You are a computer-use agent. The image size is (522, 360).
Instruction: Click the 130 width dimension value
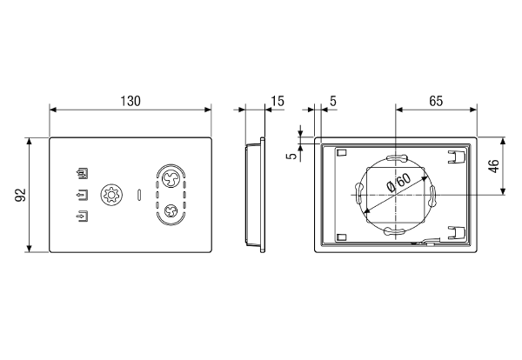(130, 101)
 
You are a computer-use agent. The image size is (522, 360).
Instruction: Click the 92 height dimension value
(20, 195)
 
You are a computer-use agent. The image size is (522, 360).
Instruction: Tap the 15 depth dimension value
(278, 101)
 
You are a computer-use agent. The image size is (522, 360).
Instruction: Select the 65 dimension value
(436, 101)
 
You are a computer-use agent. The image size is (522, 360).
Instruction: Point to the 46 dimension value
(494, 166)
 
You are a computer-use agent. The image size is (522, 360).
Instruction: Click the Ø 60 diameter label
(399, 183)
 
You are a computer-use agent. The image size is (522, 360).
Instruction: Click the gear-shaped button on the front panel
(111, 195)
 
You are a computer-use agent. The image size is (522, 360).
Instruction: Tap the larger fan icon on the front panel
(171, 178)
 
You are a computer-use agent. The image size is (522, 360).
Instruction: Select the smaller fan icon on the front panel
(171, 210)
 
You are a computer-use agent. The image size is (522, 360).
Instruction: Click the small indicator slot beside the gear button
(139, 195)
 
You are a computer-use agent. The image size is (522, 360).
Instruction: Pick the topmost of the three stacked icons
(83, 173)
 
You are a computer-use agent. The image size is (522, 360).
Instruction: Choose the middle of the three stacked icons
(83, 195)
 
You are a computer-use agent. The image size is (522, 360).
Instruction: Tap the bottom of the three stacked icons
(83, 217)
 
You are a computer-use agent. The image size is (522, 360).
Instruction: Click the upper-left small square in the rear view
(342, 153)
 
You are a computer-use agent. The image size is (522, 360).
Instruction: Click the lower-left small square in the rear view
(342, 237)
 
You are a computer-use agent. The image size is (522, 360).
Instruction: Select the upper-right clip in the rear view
(456, 157)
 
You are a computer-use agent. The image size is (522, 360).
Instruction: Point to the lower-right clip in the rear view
(456, 232)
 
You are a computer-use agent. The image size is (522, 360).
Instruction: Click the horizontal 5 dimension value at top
(333, 101)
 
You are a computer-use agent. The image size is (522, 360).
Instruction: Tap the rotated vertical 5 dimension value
(292, 156)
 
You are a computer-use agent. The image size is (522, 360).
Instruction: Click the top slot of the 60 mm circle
(396, 157)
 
